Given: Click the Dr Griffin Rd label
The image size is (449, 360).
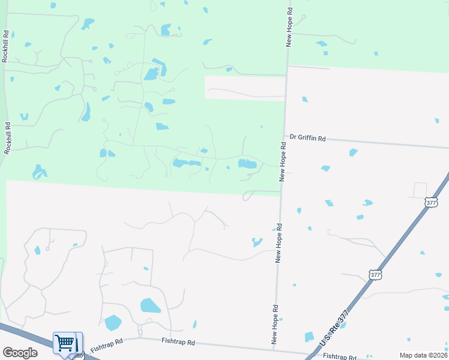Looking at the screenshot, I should click(x=307, y=137).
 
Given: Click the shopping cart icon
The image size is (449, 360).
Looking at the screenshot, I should click(x=64, y=343).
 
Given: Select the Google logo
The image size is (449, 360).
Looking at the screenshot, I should click(x=20, y=352).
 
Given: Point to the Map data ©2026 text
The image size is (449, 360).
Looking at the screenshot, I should click(x=423, y=355).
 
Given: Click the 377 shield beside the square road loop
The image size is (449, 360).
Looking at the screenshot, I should click(x=430, y=202).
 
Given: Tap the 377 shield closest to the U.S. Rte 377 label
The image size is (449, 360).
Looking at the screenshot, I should click(x=375, y=275).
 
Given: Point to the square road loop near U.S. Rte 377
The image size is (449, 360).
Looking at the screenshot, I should click(x=420, y=190).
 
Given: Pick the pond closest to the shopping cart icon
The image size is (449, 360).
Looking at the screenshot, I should click(x=112, y=323).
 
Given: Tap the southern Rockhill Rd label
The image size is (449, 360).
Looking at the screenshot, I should click(x=7, y=139).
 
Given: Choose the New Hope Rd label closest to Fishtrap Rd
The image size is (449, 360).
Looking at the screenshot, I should click(x=274, y=325).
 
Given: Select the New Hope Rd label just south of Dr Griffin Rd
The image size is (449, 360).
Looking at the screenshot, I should click(x=281, y=163).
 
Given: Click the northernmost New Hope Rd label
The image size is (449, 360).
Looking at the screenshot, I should click(x=289, y=28).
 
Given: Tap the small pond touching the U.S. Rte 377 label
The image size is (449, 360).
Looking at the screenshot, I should click(x=342, y=325).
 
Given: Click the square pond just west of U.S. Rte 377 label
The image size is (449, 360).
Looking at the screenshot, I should click(x=309, y=337).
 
